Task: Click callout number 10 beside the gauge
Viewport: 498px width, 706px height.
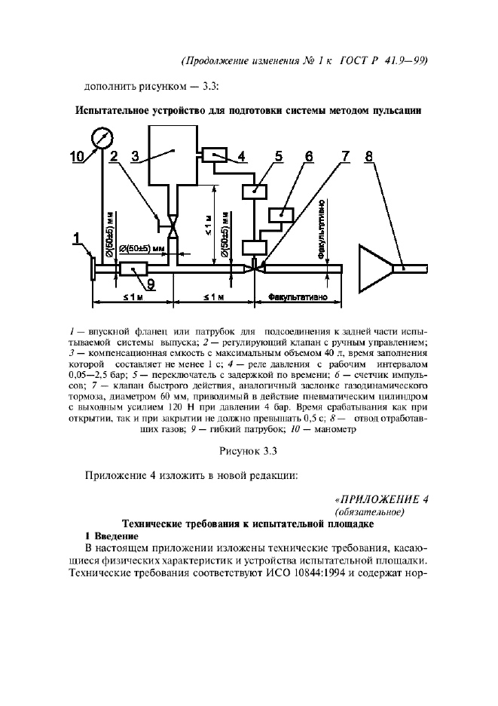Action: pyautogui.click(x=77, y=157)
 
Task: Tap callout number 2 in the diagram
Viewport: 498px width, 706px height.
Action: pyautogui.click(x=114, y=156)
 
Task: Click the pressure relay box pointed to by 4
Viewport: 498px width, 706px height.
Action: pyautogui.click(x=215, y=155)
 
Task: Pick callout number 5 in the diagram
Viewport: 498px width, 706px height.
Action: pyautogui.click(x=279, y=156)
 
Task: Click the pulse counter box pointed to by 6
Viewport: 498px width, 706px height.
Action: pyautogui.click(x=281, y=215)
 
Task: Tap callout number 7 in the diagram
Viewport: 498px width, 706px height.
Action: pyautogui.click(x=346, y=156)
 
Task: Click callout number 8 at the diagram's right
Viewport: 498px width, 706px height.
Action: pyautogui.click(x=369, y=156)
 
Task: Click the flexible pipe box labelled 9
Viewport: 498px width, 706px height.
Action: pyautogui.click(x=133, y=269)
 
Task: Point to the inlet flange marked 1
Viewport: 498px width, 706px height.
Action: pyautogui.click(x=93, y=269)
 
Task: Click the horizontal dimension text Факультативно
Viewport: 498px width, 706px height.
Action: pyautogui.click(x=298, y=297)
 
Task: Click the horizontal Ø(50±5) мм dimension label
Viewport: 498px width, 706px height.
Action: pyautogui.click(x=142, y=249)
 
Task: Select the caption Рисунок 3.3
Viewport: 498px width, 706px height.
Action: pyautogui.click(x=248, y=451)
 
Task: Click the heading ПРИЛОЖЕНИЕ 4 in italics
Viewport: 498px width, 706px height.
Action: pyautogui.click(x=382, y=499)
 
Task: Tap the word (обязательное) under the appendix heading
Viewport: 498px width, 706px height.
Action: pyautogui.click(x=370, y=512)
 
